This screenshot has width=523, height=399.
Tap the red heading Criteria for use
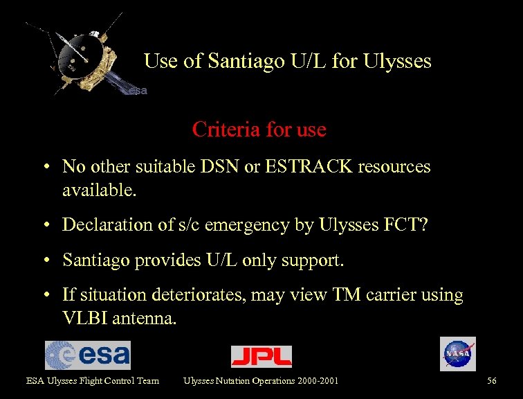[259, 130]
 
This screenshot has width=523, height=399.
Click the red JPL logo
[261, 356]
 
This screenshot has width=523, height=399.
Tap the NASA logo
[458, 354]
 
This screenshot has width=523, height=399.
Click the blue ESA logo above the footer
[88, 355]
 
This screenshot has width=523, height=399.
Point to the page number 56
[492, 380]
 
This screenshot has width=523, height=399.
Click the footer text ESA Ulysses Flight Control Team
[93, 380]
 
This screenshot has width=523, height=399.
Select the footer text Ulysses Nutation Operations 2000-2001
[261, 380]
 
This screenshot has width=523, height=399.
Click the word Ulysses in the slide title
[398, 62]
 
